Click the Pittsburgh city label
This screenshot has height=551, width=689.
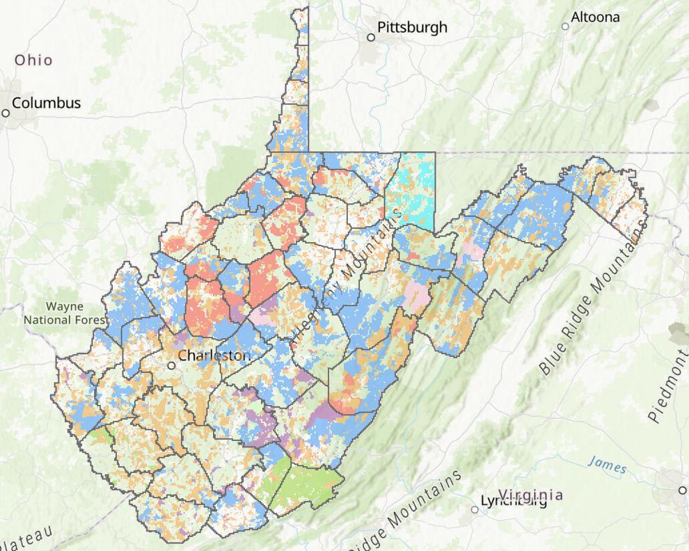412,28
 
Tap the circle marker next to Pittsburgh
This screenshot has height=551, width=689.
371,37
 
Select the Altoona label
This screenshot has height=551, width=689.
594,17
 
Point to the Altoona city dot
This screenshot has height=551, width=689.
565,26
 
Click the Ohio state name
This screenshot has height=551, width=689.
33,60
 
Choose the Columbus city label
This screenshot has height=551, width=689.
46,103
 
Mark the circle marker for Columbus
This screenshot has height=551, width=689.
6,112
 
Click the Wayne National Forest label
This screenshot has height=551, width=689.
64,313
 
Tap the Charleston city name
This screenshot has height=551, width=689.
213,356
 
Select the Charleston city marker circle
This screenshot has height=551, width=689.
171,365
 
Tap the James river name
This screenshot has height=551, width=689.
606,463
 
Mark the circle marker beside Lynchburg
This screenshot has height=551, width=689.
475,509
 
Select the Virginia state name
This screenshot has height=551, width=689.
531,495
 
